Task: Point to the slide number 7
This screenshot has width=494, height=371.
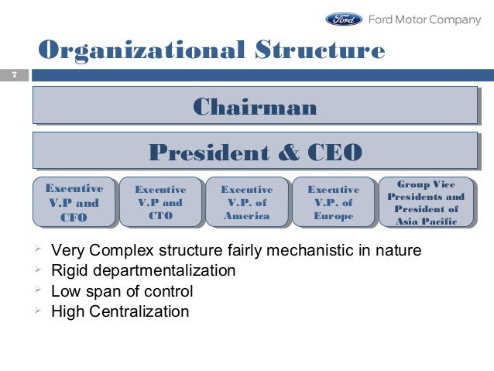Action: click(13, 75)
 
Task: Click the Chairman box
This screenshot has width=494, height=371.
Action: click(254, 105)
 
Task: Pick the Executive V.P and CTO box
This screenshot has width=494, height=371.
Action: click(160, 203)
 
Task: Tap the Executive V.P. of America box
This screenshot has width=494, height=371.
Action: click(246, 203)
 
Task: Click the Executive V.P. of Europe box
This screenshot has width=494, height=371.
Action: click(333, 203)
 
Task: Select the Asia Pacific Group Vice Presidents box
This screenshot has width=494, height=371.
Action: click(427, 203)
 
